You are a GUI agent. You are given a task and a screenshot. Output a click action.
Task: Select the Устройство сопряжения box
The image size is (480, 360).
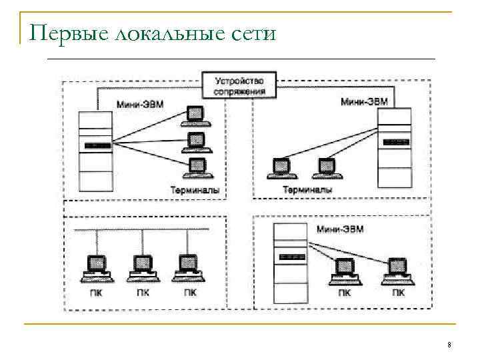point(239,86)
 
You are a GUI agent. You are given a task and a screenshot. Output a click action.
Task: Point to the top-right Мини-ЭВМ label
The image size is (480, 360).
point(364,102)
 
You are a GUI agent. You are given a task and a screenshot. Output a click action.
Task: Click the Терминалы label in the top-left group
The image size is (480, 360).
point(195,190)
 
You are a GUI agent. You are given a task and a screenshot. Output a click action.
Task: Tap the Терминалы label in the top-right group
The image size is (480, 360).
point(307,190)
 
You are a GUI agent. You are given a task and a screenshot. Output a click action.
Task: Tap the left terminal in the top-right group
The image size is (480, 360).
point(280,167)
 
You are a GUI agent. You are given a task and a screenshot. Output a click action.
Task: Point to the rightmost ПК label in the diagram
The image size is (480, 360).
point(398,292)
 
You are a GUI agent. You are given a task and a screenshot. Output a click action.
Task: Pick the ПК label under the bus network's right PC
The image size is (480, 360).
point(189,292)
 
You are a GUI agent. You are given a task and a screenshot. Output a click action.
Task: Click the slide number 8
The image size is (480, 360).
point(449,344)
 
